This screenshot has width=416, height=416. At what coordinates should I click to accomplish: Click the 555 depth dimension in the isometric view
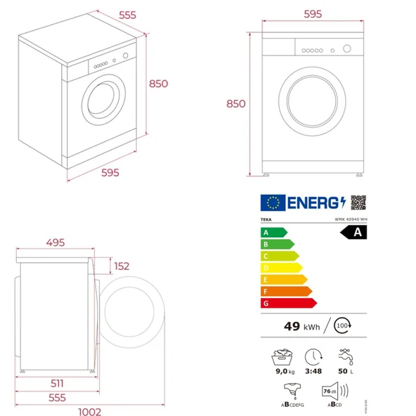tap(127, 15)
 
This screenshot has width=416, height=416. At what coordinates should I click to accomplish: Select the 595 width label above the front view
tap(313, 15)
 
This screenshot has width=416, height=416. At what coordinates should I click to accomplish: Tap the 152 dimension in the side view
tap(122, 266)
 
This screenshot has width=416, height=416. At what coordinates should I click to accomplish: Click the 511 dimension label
tap(58, 384)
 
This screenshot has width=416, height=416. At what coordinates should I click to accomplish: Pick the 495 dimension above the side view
tap(60, 242)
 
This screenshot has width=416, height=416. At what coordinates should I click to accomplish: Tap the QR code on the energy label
tap(358, 202)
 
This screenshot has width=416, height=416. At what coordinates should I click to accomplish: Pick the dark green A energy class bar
tap(273, 232)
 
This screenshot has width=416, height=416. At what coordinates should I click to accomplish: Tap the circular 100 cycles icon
tap(342, 325)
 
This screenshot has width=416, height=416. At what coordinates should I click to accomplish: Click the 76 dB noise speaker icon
tap(332, 391)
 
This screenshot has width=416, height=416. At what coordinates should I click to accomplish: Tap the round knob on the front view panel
tap(346, 49)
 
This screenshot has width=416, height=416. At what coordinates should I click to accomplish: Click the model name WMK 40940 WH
tap(351, 219)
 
